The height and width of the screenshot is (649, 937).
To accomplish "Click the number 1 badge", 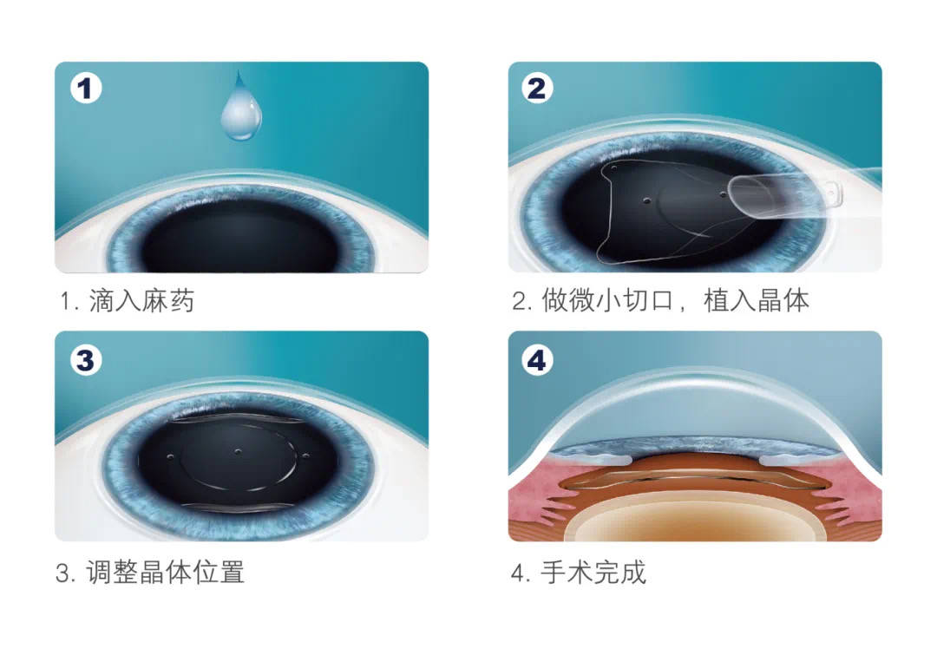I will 86,89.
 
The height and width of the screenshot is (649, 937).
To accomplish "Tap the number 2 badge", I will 537,89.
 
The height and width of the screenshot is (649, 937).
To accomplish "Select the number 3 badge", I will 86,359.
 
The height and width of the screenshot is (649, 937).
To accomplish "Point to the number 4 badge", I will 537,360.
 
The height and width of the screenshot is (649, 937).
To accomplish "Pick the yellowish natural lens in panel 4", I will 694,521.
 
